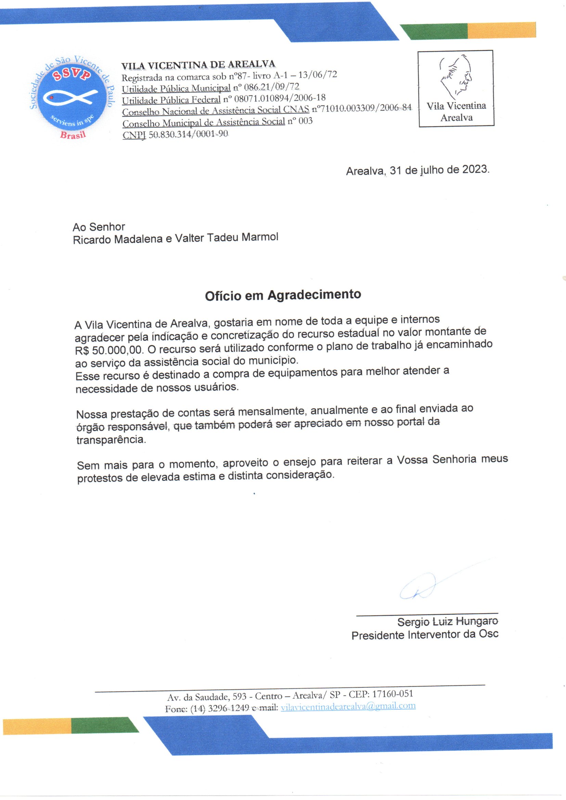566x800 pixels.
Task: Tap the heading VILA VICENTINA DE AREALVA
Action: [x=198, y=64]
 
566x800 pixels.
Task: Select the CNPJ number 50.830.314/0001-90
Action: [x=188, y=135]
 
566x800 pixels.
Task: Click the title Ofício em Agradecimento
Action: [x=283, y=295]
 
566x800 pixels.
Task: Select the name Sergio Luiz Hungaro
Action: [x=448, y=621]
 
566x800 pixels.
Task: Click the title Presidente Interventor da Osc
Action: [x=424, y=635]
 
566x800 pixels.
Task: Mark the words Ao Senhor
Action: [x=99, y=227]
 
